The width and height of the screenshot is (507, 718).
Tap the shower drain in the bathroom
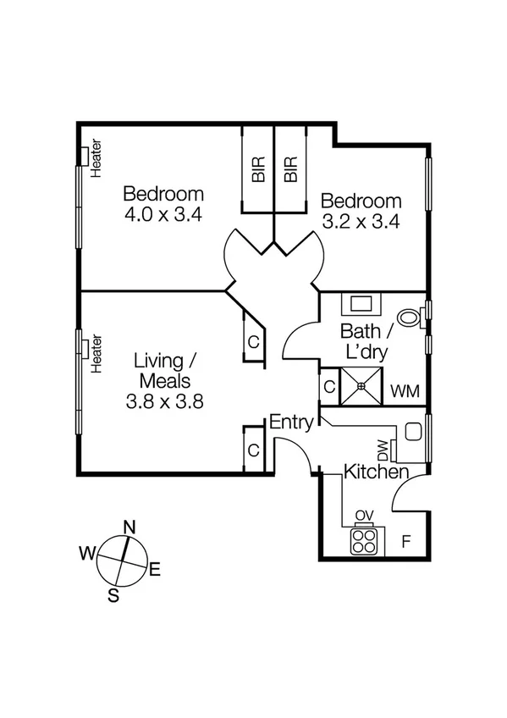click(361, 386)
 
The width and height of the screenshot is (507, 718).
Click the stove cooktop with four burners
click(365, 541)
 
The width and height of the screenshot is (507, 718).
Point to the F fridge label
click(405, 541)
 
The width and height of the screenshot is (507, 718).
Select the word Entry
click(291, 422)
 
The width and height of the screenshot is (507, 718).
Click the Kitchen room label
click(377, 472)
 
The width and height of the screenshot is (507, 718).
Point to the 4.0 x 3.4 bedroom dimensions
click(163, 214)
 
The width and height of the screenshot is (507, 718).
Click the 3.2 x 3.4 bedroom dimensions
click(361, 222)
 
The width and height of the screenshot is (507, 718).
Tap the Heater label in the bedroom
click(96, 158)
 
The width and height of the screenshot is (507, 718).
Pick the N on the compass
click(130, 527)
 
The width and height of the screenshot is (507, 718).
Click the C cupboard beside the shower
click(328, 386)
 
